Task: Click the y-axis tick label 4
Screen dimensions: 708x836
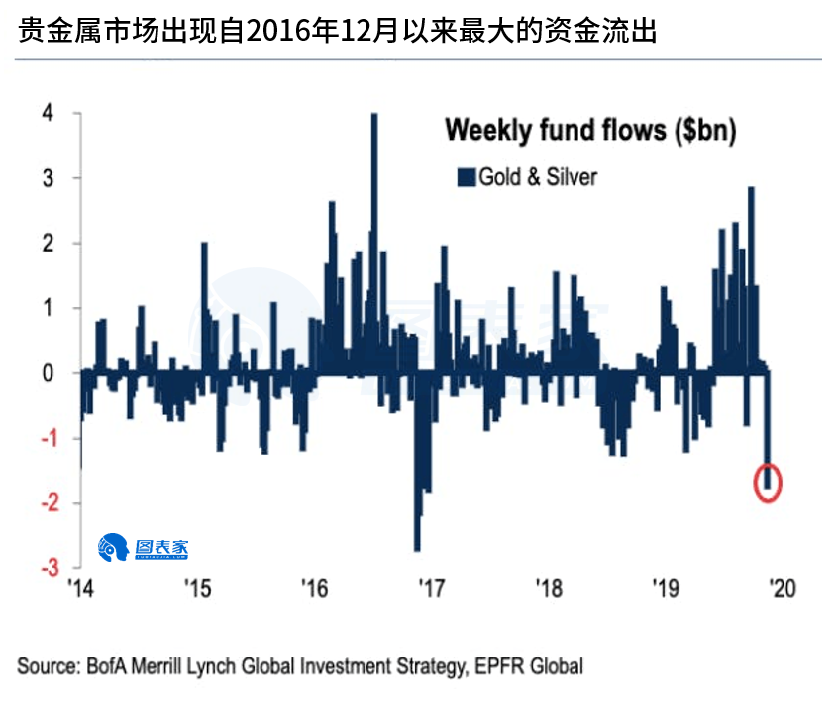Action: (x=47, y=113)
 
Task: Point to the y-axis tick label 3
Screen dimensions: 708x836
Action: (x=47, y=178)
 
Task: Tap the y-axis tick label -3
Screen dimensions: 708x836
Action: (x=44, y=568)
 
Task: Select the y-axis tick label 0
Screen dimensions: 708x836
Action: (x=47, y=373)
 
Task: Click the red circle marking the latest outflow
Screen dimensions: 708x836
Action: (x=769, y=482)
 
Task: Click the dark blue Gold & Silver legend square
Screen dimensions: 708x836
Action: (x=466, y=177)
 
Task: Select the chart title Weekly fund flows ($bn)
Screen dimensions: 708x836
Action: (x=589, y=131)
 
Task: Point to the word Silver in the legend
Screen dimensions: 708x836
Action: (x=571, y=177)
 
